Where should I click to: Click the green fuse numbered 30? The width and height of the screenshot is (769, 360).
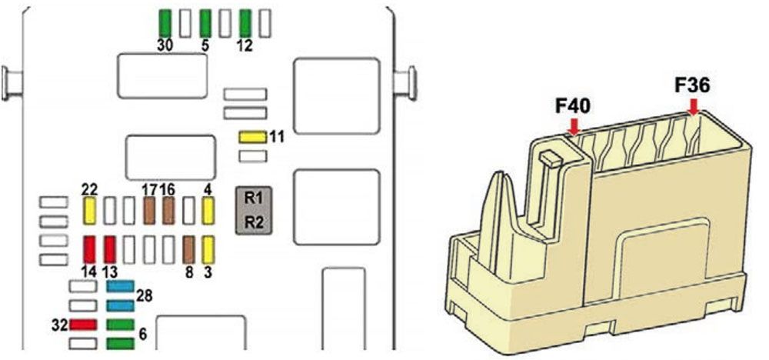(165, 23)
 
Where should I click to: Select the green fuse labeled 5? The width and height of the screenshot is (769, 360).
(205, 23)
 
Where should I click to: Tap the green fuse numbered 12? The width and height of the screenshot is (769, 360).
(245, 23)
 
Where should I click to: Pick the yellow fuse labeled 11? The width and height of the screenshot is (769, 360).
(252, 138)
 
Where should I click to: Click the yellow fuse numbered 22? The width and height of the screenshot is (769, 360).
(89, 211)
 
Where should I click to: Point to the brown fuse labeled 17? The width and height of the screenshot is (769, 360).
(149, 211)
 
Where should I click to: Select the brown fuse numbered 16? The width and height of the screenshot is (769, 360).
(168, 211)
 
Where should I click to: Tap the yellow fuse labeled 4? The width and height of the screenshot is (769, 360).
(208, 211)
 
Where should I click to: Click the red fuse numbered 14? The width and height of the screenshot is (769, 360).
(89, 250)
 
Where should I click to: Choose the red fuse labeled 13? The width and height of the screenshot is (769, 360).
(109, 250)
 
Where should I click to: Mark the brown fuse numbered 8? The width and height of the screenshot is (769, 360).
(188, 250)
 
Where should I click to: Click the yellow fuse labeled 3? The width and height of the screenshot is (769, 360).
(208, 250)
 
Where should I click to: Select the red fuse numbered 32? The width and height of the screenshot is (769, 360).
(83, 325)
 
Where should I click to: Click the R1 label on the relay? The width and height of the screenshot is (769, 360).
(254, 198)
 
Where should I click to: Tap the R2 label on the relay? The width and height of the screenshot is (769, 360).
(254, 222)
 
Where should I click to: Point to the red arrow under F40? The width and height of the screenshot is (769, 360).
(574, 126)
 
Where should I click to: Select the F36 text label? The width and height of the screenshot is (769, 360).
(692, 86)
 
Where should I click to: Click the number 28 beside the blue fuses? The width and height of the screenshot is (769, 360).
(145, 295)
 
